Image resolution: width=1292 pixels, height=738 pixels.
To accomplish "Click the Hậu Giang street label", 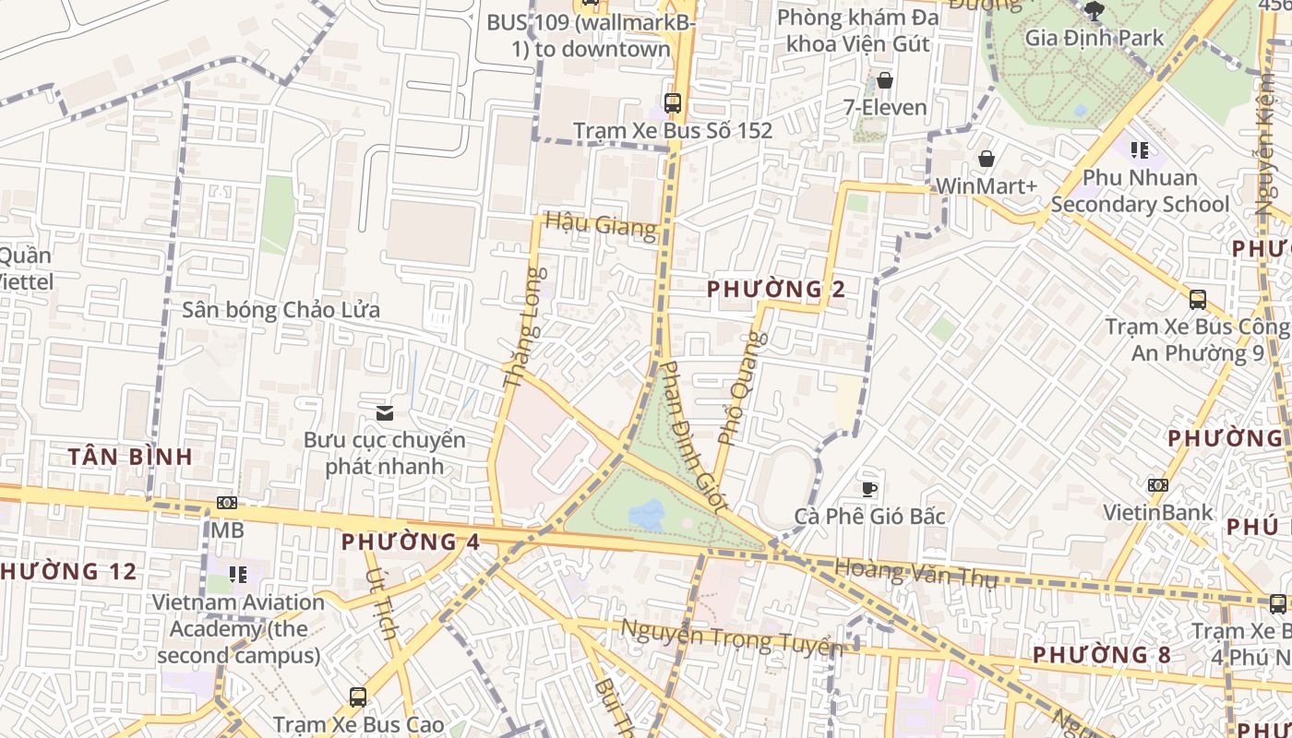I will pyautogui.click(x=600, y=224).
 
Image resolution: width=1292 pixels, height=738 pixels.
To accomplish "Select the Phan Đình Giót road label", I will pyautogui.click(x=695, y=435).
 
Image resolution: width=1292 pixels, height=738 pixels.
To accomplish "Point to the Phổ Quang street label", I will pyautogui.click(x=743, y=387).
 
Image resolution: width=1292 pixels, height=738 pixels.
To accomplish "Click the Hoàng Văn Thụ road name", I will pyautogui.click(x=916, y=573).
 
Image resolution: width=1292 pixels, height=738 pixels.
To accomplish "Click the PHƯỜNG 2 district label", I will pyautogui.click(x=776, y=290).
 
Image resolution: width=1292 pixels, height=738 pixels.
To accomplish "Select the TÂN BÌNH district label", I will pyautogui.click(x=131, y=456).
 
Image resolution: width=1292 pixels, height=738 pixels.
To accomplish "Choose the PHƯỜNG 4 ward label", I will pyautogui.click(x=411, y=542).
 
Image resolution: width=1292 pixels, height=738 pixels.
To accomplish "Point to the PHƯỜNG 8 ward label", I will pyautogui.click(x=1101, y=655).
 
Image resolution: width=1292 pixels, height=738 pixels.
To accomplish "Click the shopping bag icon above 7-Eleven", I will pyautogui.click(x=885, y=80).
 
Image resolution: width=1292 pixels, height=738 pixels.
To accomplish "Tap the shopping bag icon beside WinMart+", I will pyautogui.click(x=987, y=159).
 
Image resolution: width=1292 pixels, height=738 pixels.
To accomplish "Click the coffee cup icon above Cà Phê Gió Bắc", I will pyautogui.click(x=868, y=488).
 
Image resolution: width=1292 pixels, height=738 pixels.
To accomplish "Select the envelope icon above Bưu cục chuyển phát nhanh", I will pyautogui.click(x=384, y=412).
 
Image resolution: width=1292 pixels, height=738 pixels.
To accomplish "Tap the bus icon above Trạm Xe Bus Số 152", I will pyautogui.click(x=673, y=102).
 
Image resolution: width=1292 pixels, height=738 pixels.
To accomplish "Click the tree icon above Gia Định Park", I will pyautogui.click(x=1095, y=11).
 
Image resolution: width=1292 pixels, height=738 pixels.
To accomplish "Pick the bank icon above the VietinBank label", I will pyautogui.click(x=1157, y=485).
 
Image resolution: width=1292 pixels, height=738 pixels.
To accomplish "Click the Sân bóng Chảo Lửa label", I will pyautogui.click(x=281, y=310).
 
